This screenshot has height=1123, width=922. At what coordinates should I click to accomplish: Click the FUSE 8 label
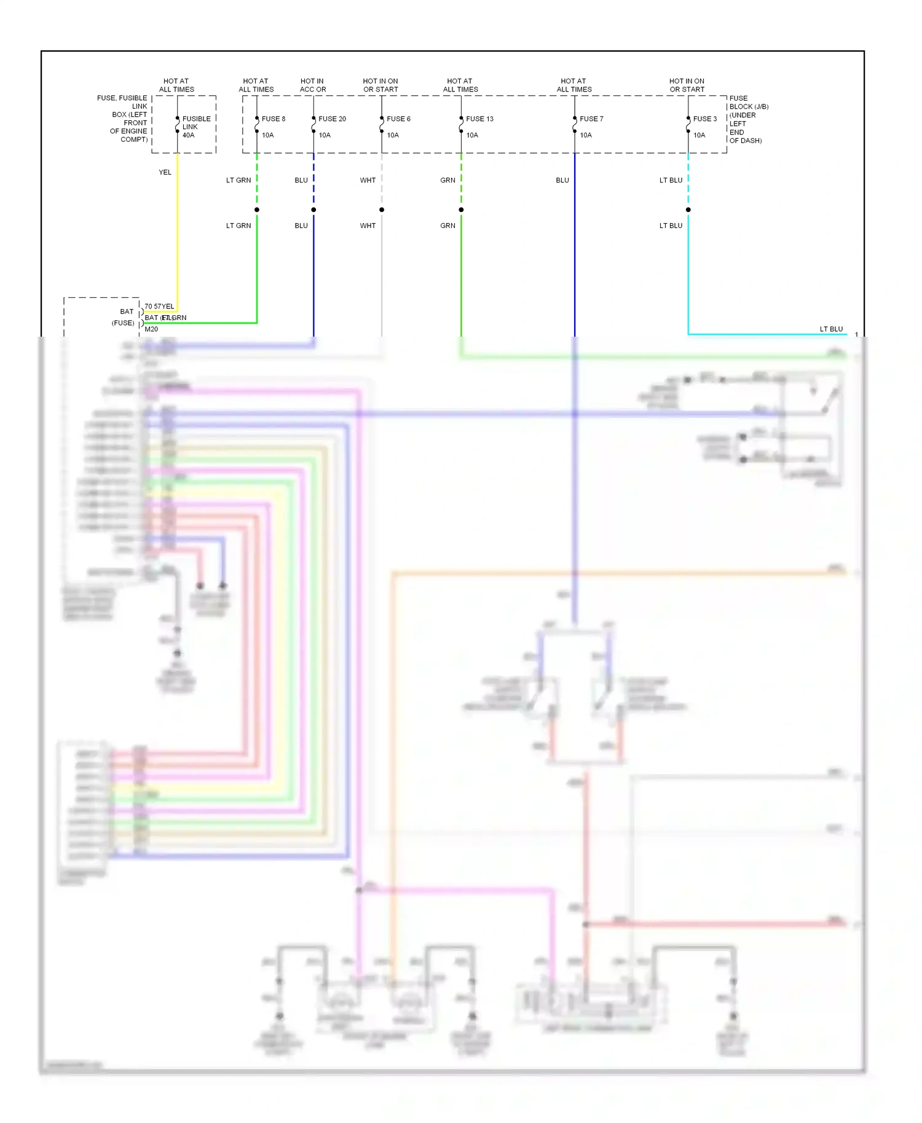coord(274,119)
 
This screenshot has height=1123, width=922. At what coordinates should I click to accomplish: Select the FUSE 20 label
coord(332,119)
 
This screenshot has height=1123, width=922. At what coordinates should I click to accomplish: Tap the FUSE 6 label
coord(398,119)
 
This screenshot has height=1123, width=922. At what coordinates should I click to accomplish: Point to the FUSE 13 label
coord(479,119)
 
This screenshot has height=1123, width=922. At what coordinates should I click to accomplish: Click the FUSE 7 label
coord(591,119)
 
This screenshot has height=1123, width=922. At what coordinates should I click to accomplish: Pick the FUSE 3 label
coord(704,119)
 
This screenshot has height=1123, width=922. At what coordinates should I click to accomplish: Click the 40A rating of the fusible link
coord(188,135)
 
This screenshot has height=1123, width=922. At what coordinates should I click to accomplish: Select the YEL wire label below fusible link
coord(165,172)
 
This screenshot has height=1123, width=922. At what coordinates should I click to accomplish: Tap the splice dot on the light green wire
coord(257,209)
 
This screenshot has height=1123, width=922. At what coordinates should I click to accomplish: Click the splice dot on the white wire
coord(382,209)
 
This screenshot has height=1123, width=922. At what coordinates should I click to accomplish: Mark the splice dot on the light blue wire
coord(688,209)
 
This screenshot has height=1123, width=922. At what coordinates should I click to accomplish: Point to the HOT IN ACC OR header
coord(312,85)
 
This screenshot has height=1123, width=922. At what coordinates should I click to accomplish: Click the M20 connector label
coord(151,329)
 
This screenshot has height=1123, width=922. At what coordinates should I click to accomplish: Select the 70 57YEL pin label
coord(159,306)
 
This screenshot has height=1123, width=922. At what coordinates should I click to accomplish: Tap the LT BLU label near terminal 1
coord(831,329)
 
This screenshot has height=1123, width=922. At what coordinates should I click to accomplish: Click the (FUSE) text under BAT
coord(123,323)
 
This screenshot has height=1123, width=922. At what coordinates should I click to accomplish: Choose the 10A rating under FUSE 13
coord(471,135)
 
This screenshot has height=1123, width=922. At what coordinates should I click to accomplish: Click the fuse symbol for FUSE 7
coord(575,125)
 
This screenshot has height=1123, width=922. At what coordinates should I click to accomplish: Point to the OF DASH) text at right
coord(745,141)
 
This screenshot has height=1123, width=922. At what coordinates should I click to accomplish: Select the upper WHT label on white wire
coord(368,180)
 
